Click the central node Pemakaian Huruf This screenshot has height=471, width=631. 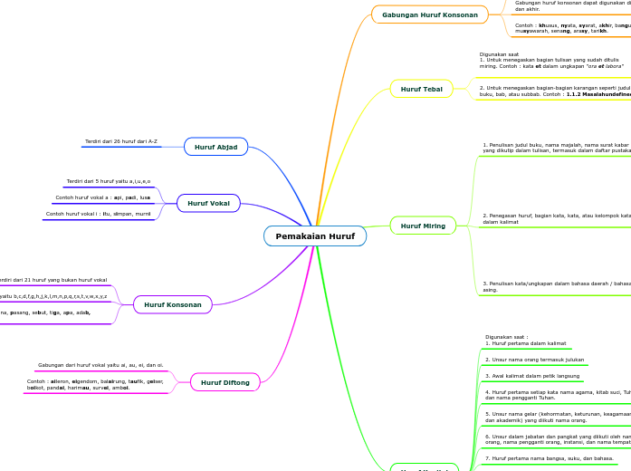[315, 236]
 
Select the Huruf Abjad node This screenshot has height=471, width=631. [215, 146]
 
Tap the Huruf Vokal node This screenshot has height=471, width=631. [208, 204]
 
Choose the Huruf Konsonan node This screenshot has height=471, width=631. [172, 305]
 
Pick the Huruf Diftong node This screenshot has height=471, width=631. [224, 382]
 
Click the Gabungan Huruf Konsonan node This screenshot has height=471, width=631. [429, 14]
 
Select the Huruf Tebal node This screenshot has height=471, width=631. [421, 89]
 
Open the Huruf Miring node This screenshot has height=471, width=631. [422, 226]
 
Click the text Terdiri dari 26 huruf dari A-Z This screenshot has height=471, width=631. [121, 141]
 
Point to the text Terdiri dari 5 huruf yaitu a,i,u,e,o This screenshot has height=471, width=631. [109, 181]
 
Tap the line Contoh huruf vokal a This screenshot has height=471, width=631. [103, 197]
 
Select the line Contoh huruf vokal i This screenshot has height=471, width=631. [98, 214]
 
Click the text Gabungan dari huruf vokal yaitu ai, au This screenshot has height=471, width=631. [100, 365]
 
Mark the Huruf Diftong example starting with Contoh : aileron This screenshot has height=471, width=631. [95, 385]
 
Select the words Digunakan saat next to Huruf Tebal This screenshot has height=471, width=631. [500, 54]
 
